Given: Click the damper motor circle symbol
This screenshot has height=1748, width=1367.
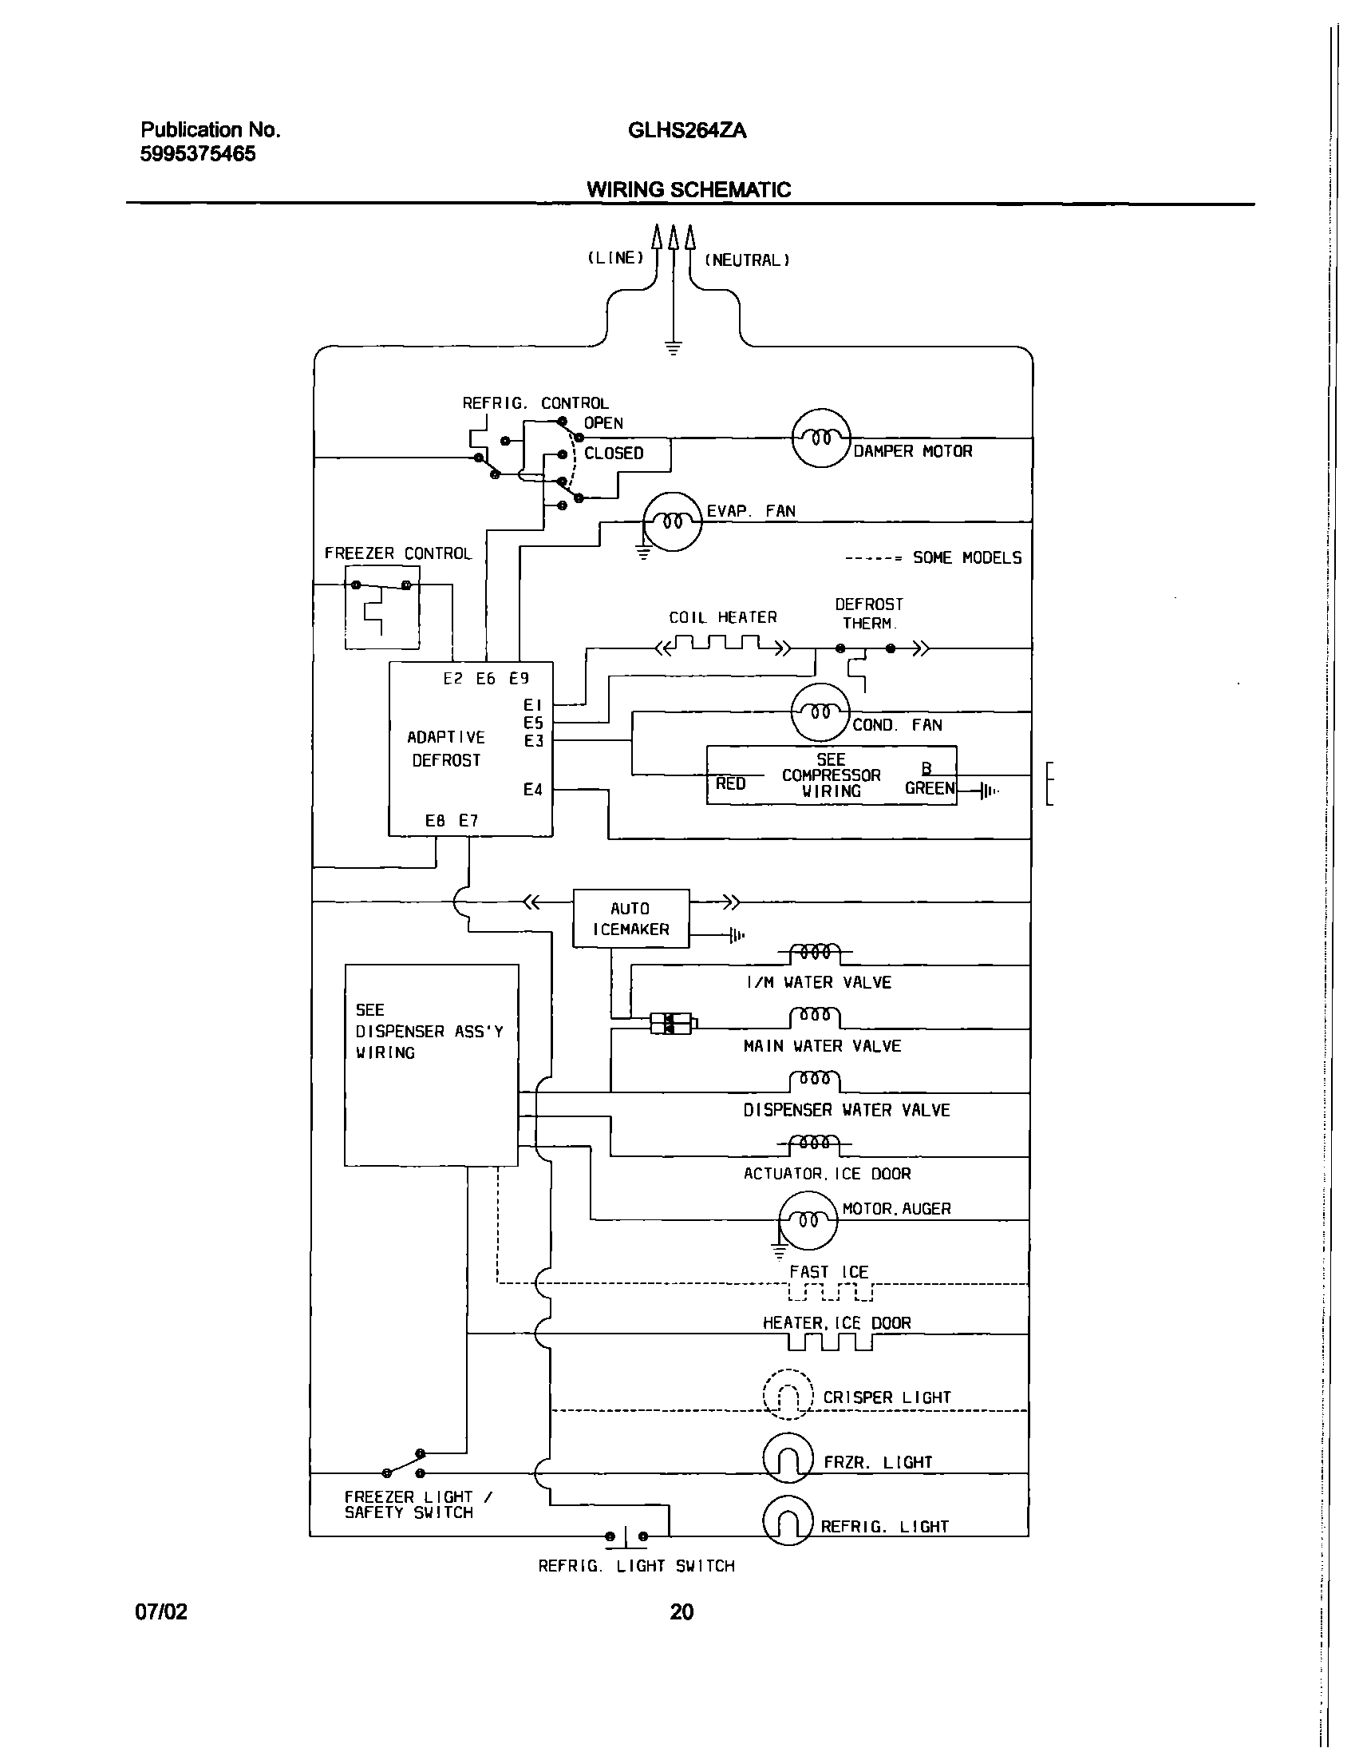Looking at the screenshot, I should pyautogui.click(x=820, y=438).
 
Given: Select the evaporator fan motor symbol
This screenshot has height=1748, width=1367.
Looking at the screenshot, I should pyautogui.click(x=673, y=522).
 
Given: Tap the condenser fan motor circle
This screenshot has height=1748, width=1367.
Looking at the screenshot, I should pyautogui.click(x=820, y=712).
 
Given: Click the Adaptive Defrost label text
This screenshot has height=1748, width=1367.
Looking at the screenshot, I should pyautogui.click(x=446, y=749).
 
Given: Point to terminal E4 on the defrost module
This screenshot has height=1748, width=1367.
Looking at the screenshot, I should pyautogui.click(x=533, y=791).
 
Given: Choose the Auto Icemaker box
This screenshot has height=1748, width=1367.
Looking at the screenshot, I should pyautogui.click(x=630, y=918).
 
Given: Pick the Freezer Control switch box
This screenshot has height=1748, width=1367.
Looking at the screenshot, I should pyautogui.click(x=381, y=607).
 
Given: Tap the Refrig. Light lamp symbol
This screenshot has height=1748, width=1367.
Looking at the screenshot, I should pyautogui.click(x=788, y=1520).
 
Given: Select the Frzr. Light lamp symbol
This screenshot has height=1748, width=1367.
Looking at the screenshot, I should pyautogui.click(x=788, y=1457).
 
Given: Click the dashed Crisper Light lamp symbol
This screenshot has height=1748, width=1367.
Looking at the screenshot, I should pyautogui.click(x=788, y=1394).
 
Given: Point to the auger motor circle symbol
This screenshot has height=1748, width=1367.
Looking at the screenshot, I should pyautogui.click(x=808, y=1220).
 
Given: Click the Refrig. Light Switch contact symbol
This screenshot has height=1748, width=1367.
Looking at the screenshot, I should pyautogui.click(x=626, y=1536).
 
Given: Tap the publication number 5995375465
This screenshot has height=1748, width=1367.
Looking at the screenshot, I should pyautogui.click(x=198, y=154).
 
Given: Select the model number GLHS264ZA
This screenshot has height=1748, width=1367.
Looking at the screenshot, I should pyautogui.click(x=687, y=130).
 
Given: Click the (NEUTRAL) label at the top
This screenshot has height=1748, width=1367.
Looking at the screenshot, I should pyautogui.click(x=747, y=260).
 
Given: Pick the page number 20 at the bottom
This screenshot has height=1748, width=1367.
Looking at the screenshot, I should pyautogui.click(x=681, y=1612).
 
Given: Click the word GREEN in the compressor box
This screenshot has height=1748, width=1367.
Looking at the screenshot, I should pyautogui.click(x=929, y=789).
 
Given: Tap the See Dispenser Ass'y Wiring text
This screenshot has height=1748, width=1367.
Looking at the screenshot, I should pyautogui.click(x=429, y=1032).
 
